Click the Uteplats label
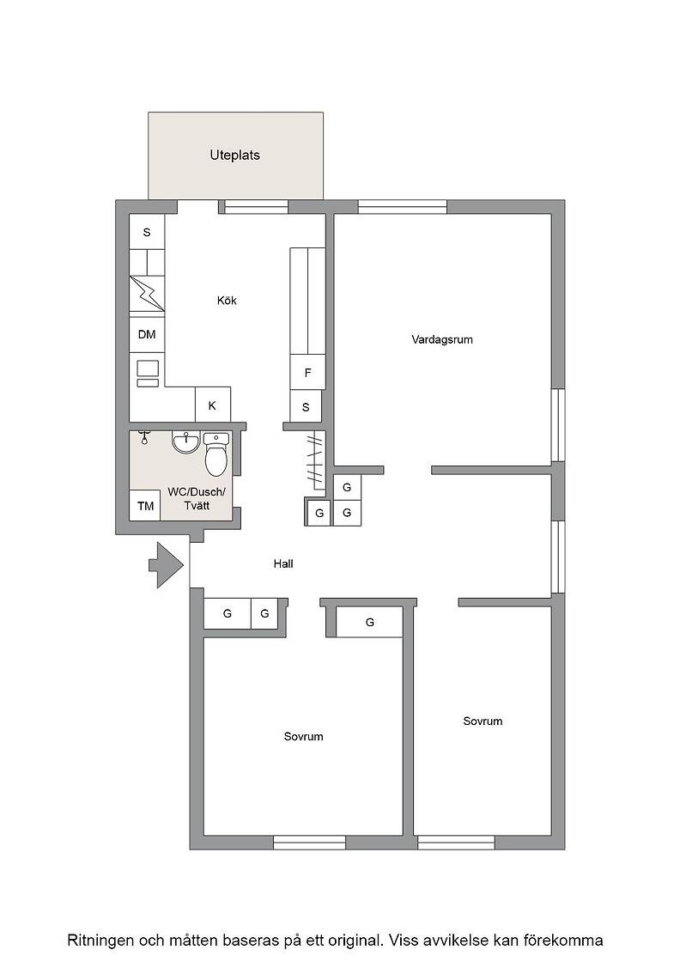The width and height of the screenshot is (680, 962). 235,155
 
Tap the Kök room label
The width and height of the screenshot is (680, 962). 227,301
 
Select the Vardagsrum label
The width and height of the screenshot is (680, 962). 442,339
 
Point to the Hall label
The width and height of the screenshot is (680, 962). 283,563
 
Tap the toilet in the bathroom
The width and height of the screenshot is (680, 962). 216,454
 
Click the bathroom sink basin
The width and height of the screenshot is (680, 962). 185,441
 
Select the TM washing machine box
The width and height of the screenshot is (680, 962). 145,506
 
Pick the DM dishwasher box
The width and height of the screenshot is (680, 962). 147,334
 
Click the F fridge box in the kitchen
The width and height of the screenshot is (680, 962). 308,373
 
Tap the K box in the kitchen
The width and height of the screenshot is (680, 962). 212,405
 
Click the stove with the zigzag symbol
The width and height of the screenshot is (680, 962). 147,293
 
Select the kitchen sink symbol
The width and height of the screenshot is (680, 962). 147,374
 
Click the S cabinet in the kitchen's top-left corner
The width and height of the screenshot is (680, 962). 147,232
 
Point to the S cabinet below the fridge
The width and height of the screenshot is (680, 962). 306,407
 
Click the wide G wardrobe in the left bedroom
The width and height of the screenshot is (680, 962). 370,622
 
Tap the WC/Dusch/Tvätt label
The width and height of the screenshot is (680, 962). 197,499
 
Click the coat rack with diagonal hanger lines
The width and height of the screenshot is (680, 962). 316,460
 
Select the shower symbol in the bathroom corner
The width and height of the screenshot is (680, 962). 144,437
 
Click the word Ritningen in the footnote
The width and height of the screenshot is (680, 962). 100,941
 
